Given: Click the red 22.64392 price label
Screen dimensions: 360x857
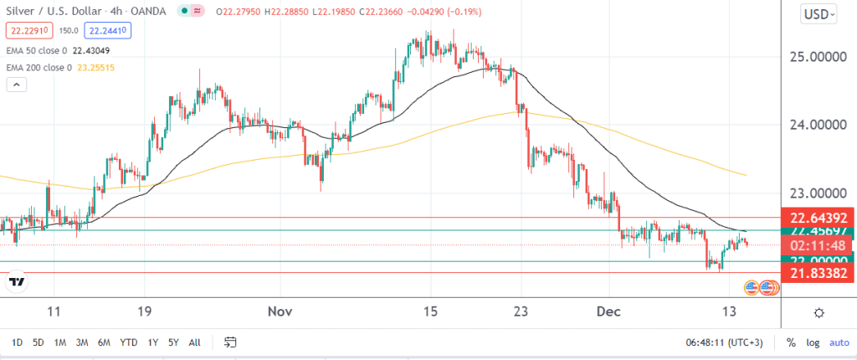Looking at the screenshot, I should [x=817, y=216].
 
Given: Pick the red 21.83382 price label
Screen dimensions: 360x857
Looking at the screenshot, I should [x=817, y=273].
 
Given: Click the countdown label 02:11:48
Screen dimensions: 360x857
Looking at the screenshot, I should [x=817, y=245].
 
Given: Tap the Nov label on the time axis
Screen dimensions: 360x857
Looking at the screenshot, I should [x=280, y=311].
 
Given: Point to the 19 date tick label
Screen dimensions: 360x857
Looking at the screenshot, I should [x=144, y=311].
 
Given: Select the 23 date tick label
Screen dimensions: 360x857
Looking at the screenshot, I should [x=521, y=311].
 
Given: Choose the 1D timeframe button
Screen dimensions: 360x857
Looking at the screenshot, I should [x=17, y=342].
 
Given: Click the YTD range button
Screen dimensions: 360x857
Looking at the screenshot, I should [x=129, y=342].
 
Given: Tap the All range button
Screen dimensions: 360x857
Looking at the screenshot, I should [x=195, y=342].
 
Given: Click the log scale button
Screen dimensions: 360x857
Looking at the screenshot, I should [x=812, y=342].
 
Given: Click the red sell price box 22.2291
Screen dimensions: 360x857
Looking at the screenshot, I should [x=26, y=31].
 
